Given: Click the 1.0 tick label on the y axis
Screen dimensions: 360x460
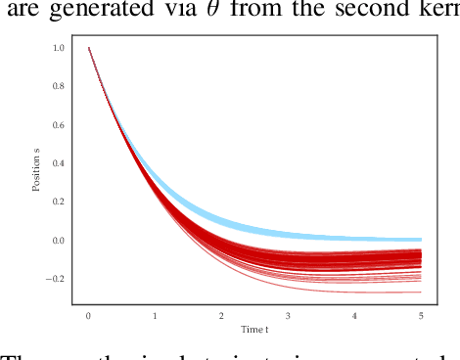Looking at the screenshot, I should pos(59,48).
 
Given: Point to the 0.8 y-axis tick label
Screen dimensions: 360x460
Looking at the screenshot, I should pos(59,86).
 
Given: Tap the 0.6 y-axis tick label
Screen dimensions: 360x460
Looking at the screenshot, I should pos(59,124).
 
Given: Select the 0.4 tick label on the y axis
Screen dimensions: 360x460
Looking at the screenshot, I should pos(59,163).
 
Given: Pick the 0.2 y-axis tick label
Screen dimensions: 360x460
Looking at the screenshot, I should pos(59,202).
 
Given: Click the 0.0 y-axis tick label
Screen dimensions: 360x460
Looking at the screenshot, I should pos(59,240).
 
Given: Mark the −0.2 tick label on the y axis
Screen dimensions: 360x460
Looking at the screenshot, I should pos(56,279).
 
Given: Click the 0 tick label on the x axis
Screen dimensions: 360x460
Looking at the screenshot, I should pos(89,316).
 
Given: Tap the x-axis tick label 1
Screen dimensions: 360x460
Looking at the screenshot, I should pos(156,316).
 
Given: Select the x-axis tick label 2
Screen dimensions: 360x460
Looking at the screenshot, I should pos(222,316).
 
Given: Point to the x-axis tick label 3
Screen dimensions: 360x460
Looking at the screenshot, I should pos(288,316).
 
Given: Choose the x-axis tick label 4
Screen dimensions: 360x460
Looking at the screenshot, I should pos(354,316).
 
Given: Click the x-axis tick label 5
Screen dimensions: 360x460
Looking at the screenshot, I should pos(421,316).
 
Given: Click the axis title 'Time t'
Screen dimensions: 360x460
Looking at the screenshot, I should pos(254,330).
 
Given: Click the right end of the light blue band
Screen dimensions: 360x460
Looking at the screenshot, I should pos(421,239).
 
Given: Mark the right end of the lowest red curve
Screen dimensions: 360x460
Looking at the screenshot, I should pos(421,292).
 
